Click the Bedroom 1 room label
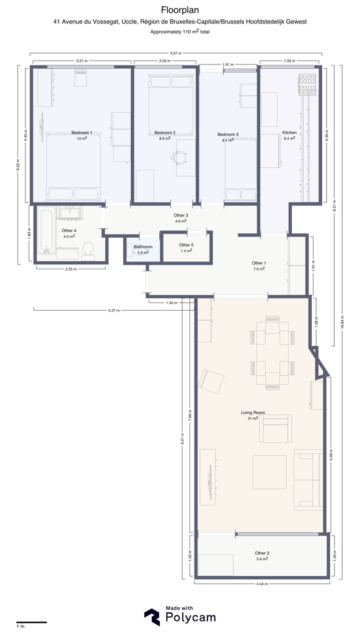tap(82, 132)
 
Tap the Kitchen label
tap(289, 132)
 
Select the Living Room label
tap(253, 413)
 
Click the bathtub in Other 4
tap(46, 230)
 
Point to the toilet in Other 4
tap(88, 251)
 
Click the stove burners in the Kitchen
tap(307, 84)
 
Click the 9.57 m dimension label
tap(176, 53)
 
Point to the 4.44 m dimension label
tap(261, 584)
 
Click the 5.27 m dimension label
tap(113, 311)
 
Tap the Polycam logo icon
tap(152, 617)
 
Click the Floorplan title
tap(180, 10)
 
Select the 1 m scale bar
tap(32, 622)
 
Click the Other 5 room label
tap(187, 245)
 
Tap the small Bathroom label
tap(143, 247)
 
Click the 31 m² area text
tap(253, 419)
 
